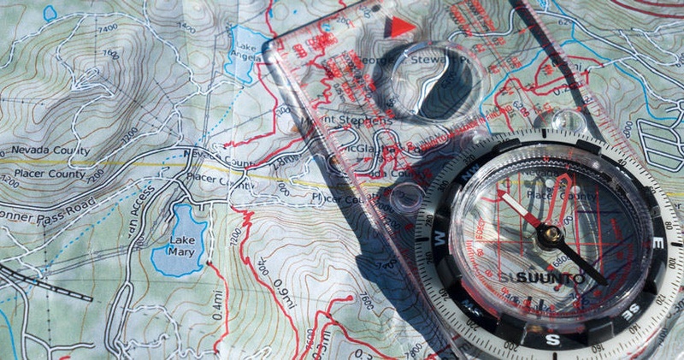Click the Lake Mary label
(182, 246)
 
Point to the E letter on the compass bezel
(658, 245)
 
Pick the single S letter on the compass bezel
(552, 340)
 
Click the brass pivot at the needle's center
(551, 233)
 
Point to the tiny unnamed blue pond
(50, 14)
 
